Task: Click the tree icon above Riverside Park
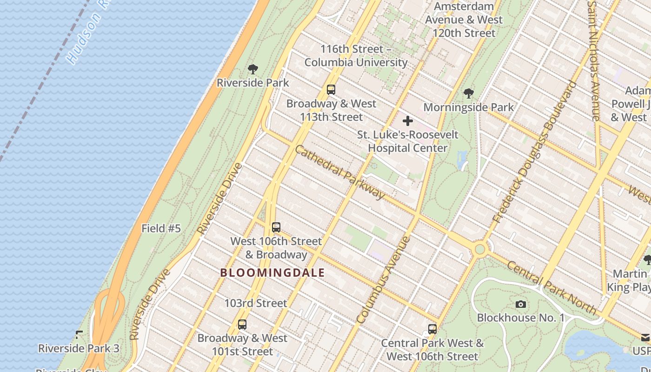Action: coord(253,70)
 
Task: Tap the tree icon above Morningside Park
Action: coord(469,93)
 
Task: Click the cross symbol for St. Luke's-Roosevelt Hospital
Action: coord(408,121)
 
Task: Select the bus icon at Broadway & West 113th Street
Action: coord(331,90)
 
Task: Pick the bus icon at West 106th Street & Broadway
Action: coord(276,227)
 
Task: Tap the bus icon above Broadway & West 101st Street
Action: coord(242,325)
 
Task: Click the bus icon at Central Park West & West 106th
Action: coord(432,329)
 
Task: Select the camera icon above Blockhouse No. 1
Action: coord(521,305)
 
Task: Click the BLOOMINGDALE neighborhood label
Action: coord(272,273)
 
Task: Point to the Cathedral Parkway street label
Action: coord(340,172)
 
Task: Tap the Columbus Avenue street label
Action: coord(383,280)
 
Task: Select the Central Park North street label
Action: coord(551,287)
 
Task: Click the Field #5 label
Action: coord(161,228)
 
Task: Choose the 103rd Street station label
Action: coord(256,303)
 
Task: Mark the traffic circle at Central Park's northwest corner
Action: coord(480,250)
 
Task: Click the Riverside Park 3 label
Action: coord(79,348)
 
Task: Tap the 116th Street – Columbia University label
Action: coord(356,55)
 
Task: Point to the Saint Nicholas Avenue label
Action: coord(594,60)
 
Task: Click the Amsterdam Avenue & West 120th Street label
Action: coord(464,20)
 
